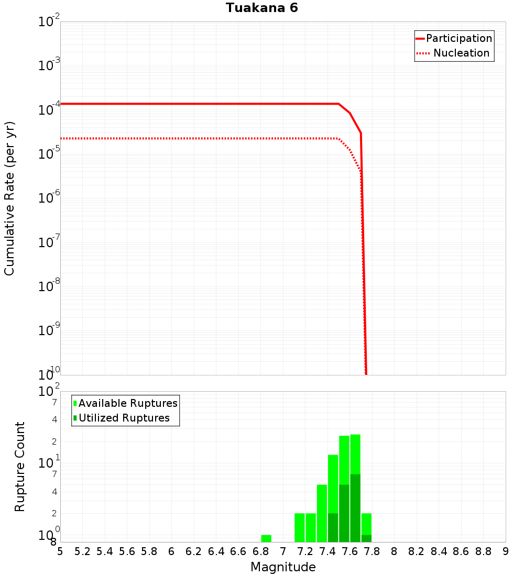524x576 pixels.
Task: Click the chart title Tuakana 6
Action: coord(262,8)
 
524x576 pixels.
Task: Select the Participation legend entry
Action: coord(459,38)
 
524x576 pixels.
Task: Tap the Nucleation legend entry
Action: coord(461,53)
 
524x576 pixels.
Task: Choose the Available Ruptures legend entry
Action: coord(128,403)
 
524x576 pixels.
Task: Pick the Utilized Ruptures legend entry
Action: coord(124,418)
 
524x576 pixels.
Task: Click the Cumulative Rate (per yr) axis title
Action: coord(9,198)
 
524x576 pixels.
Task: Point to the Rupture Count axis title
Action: coord(20,467)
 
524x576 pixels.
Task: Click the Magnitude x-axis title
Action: coord(283,567)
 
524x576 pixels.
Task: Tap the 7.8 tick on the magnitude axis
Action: coord(372,551)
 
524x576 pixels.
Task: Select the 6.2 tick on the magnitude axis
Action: coord(194,551)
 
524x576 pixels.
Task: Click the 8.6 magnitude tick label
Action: coord(461,551)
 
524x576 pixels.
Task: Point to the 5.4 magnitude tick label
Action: coord(105,551)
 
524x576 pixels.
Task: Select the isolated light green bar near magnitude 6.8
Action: coord(266,538)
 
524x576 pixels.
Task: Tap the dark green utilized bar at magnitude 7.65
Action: coord(355,508)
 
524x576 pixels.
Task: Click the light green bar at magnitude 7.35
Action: coord(322,513)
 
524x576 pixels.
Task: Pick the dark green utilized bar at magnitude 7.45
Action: coord(333,527)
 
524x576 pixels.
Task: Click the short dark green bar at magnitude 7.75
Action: coord(366,538)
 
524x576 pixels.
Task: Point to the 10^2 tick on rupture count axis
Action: coord(48,392)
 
